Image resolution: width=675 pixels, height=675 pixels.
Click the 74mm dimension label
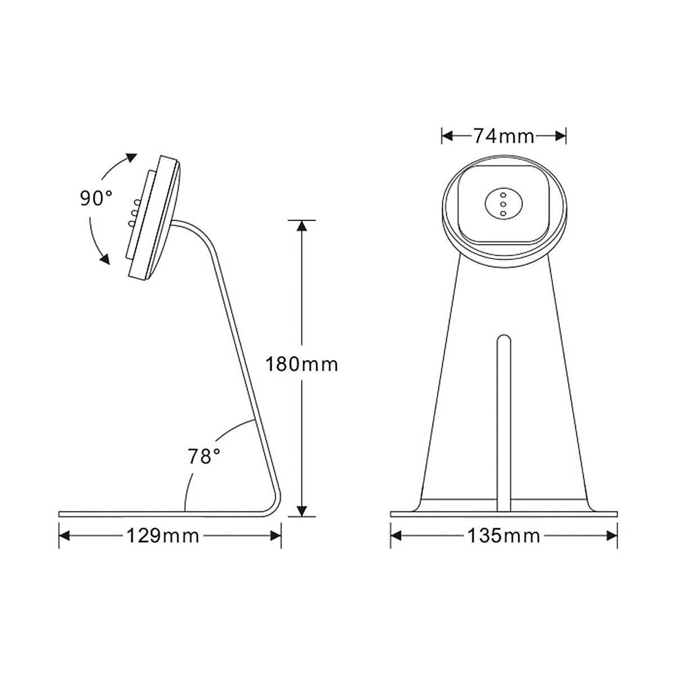pyautogui.click(x=503, y=136)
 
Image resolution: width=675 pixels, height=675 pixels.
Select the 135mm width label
pyautogui.click(x=503, y=536)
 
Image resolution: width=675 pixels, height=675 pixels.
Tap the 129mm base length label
pyautogui.click(x=163, y=536)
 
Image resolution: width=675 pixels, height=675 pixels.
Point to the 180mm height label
pyautogui.click(x=302, y=364)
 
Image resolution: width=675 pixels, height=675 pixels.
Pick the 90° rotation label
pyautogui.click(x=96, y=198)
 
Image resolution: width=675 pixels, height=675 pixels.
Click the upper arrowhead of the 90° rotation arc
pyautogui.click(x=130, y=157)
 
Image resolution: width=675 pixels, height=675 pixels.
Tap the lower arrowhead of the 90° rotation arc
pyautogui.click(x=103, y=258)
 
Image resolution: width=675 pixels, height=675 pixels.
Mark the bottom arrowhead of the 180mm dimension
pyautogui.click(x=302, y=510)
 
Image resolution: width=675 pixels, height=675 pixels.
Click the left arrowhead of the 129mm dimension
pyautogui.click(x=65, y=536)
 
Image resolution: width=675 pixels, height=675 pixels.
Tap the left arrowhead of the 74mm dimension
pyautogui.click(x=448, y=136)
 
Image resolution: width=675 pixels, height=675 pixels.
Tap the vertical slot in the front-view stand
pyautogui.click(x=503, y=422)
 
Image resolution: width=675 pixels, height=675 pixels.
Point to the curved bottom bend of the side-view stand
pyautogui.click(x=273, y=503)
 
